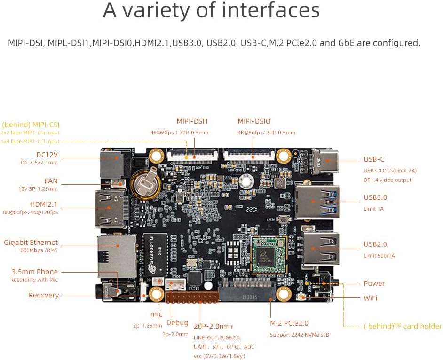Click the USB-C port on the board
pos(324,161)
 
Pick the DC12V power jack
pos(112,163)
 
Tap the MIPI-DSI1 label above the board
pos(192,121)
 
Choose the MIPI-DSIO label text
pos(254,121)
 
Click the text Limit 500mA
pos(379,255)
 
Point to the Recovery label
pos(44,295)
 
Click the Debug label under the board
pos(177,323)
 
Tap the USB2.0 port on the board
pos(320,248)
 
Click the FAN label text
pos(51,180)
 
